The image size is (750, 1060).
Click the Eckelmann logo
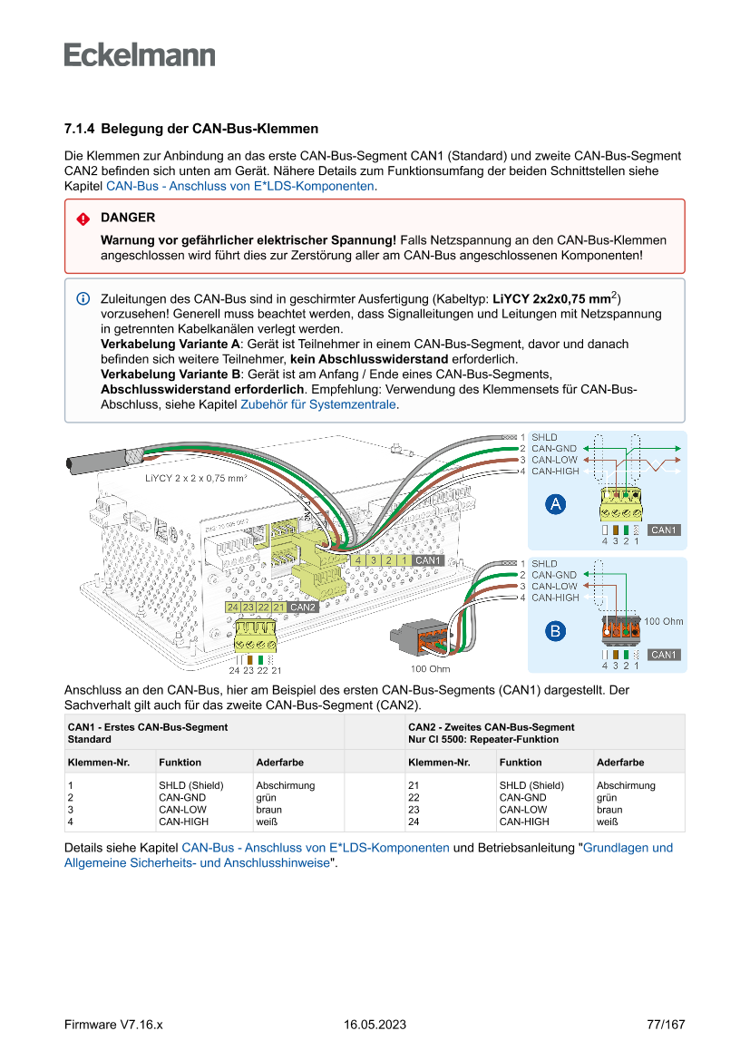140,54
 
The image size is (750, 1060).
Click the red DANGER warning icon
83,219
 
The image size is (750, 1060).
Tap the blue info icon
83,298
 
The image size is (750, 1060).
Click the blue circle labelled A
556,504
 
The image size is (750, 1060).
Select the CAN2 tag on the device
303,607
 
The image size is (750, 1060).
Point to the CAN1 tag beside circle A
664,530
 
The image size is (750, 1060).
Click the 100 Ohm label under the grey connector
430,669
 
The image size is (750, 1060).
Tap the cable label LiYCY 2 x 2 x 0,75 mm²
196,477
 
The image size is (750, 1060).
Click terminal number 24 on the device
233,607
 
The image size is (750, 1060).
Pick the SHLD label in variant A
544,437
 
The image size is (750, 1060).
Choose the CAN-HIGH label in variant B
555,598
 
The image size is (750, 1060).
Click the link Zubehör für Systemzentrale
317,405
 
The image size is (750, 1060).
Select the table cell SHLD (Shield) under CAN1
190,785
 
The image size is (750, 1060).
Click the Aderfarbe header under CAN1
280,763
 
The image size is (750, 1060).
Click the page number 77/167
666,1025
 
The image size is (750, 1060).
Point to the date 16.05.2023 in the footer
375,1025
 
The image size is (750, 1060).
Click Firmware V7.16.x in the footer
113,1025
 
